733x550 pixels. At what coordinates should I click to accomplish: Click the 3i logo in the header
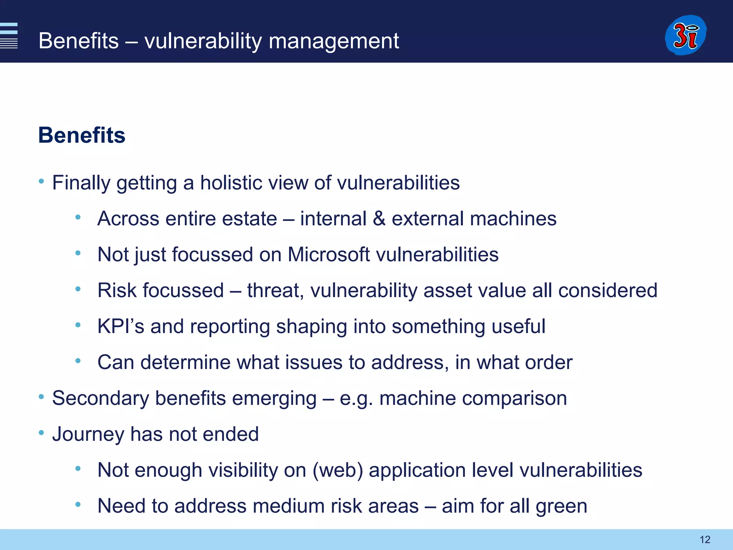tap(685, 35)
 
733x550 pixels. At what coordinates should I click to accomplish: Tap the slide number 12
tap(705, 540)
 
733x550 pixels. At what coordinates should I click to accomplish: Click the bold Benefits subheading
tap(82, 135)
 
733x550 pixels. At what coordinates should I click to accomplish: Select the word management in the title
tap(334, 41)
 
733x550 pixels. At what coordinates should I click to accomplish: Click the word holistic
tap(231, 183)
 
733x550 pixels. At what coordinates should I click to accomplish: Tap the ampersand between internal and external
tap(379, 219)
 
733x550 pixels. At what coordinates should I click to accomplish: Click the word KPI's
tap(121, 326)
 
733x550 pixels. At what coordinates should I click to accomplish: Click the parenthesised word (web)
tap(338, 470)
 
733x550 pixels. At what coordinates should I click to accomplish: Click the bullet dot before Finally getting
tap(42, 182)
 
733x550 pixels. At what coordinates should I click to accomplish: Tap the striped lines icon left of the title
tap(9, 35)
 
